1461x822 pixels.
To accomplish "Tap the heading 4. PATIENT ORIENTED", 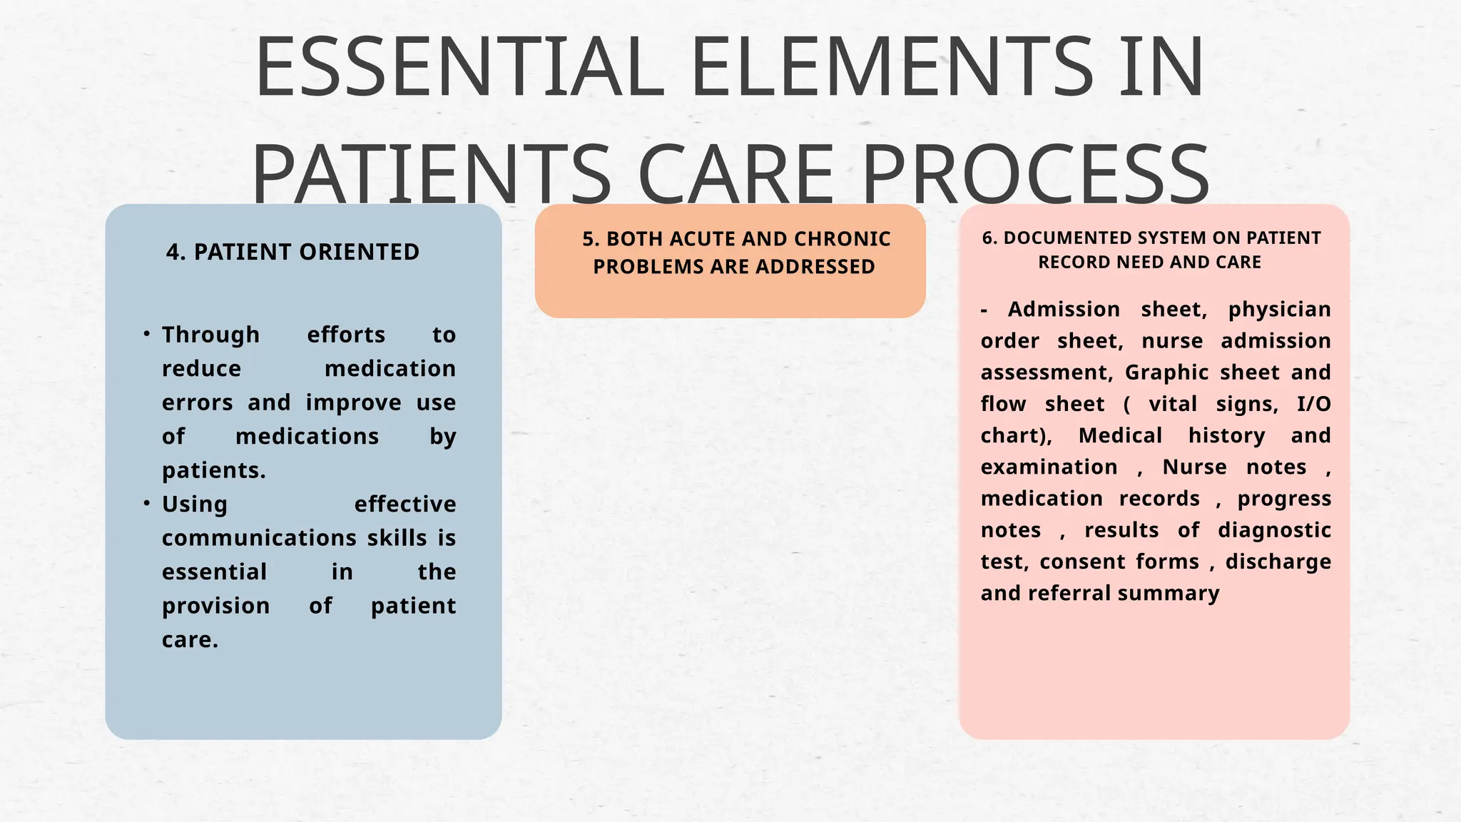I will tap(292, 252).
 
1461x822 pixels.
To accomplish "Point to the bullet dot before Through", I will tap(146, 333).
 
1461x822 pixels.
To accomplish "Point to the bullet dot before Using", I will tap(146, 503).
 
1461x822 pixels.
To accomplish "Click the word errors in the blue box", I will tap(197, 402).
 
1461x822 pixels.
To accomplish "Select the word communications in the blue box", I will tap(259, 537).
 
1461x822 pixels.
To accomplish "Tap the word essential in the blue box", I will tap(214, 572).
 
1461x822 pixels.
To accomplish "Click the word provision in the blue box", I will tap(215, 606).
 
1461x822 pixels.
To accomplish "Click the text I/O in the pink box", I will tap(1313, 405).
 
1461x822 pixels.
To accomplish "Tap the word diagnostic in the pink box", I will tap(1274, 530).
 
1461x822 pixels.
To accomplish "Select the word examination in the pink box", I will tap(1049, 467).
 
